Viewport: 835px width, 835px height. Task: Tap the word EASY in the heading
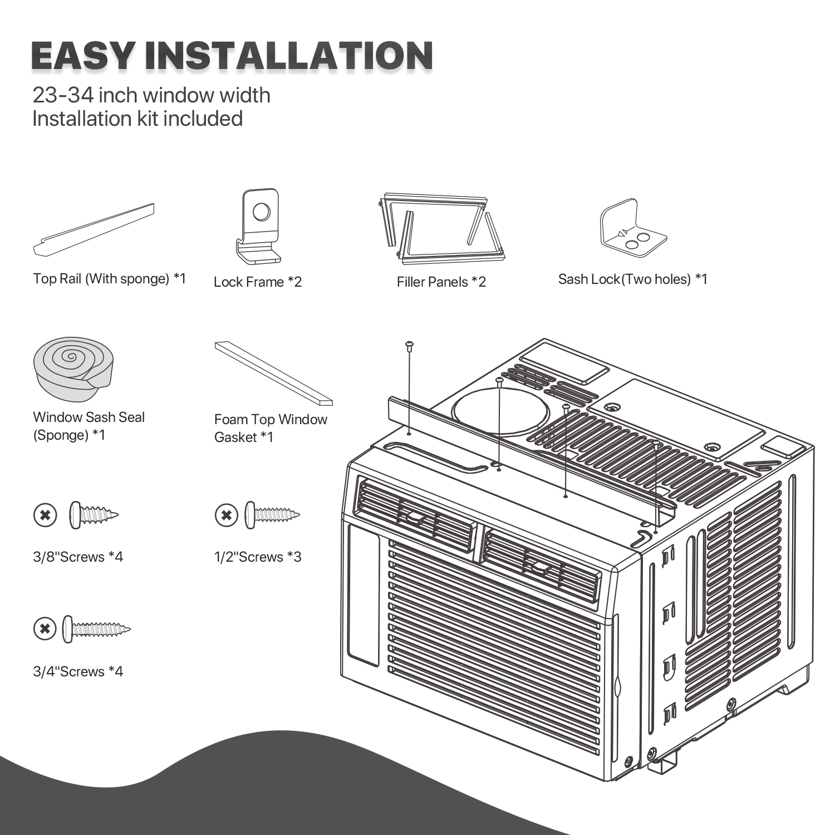point(83,56)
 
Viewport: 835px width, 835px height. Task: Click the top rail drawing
point(94,229)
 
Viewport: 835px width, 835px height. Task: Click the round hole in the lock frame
point(261,212)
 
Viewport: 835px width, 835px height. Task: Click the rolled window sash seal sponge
point(73,369)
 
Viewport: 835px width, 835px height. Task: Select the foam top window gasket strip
point(274,373)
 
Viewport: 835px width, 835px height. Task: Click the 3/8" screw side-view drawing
point(94,515)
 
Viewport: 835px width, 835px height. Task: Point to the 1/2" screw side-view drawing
point(272,515)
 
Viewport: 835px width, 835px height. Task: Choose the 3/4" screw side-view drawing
point(96,630)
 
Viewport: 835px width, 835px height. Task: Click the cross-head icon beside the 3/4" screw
point(45,630)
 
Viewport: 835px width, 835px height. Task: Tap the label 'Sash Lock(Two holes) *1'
point(632,279)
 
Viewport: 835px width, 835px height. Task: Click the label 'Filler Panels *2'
point(441,282)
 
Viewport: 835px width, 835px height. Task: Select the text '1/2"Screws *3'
point(258,557)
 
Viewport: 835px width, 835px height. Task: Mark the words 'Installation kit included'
point(137,119)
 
